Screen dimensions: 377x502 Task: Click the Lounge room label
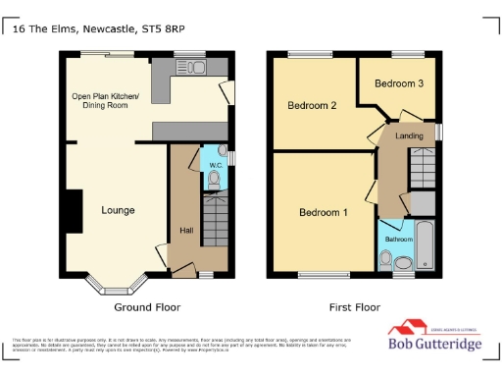click(x=118, y=210)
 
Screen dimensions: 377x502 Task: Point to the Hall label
click(x=186, y=231)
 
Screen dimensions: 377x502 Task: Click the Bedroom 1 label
click(x=324, y=212)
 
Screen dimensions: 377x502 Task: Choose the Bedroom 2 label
click(x=312, y=105)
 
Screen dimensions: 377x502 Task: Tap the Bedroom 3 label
click(x=401, y=84)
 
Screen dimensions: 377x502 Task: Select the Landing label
click(x=409, y=135)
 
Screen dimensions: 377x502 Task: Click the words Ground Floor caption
click(x=147, y=307)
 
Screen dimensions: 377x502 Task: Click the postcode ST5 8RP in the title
click(x=165, y=30)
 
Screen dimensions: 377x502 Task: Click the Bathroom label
click(x=398, y=240)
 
